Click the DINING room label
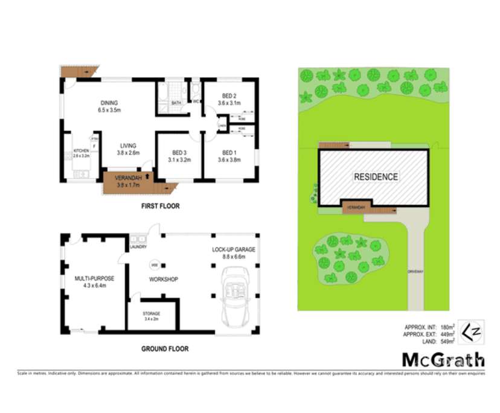pos(109,103)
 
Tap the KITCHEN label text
pos(81,151)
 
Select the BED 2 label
pos(229,96)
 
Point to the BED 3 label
pos(180,152)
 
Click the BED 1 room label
pos(229,152)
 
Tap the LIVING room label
pos(128,146)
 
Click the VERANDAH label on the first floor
pos(127,178)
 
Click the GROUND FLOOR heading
pos(165,348)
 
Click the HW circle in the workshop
pos(155,264)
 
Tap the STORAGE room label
pos(152,314)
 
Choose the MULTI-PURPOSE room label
pos(94,278)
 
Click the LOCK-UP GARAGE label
pos(233,250)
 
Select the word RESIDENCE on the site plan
pos(376,177)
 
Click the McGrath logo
pos(443,360)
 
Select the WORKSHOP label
pos(163,279)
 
